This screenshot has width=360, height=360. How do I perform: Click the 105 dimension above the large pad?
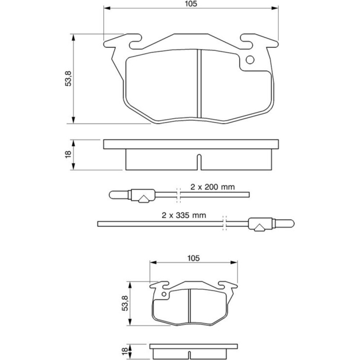pos(191,4)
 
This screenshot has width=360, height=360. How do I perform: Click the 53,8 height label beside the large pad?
pos(68,78)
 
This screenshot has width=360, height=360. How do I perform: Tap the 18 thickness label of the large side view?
pos(68,154)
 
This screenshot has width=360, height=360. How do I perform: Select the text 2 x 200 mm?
pos(213,187)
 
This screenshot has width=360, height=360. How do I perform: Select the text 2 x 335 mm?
pos(184,215)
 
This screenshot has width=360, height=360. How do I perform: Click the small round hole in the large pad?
pos(250,60)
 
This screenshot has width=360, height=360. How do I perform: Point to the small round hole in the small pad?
pos(164,294)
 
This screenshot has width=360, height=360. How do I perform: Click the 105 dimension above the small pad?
pos(193,258)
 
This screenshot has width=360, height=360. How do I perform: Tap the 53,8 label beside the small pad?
pos(125,303)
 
